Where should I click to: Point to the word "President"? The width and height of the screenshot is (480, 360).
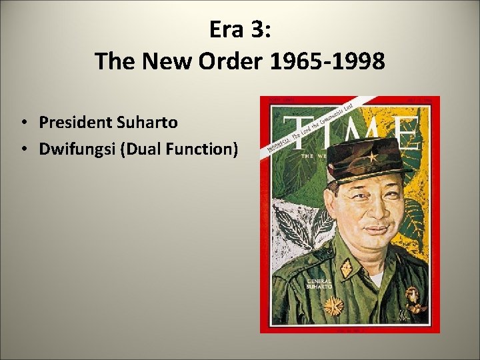click(x=75, y=123)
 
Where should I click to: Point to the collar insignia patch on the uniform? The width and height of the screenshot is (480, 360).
click(x=347, y=269)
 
